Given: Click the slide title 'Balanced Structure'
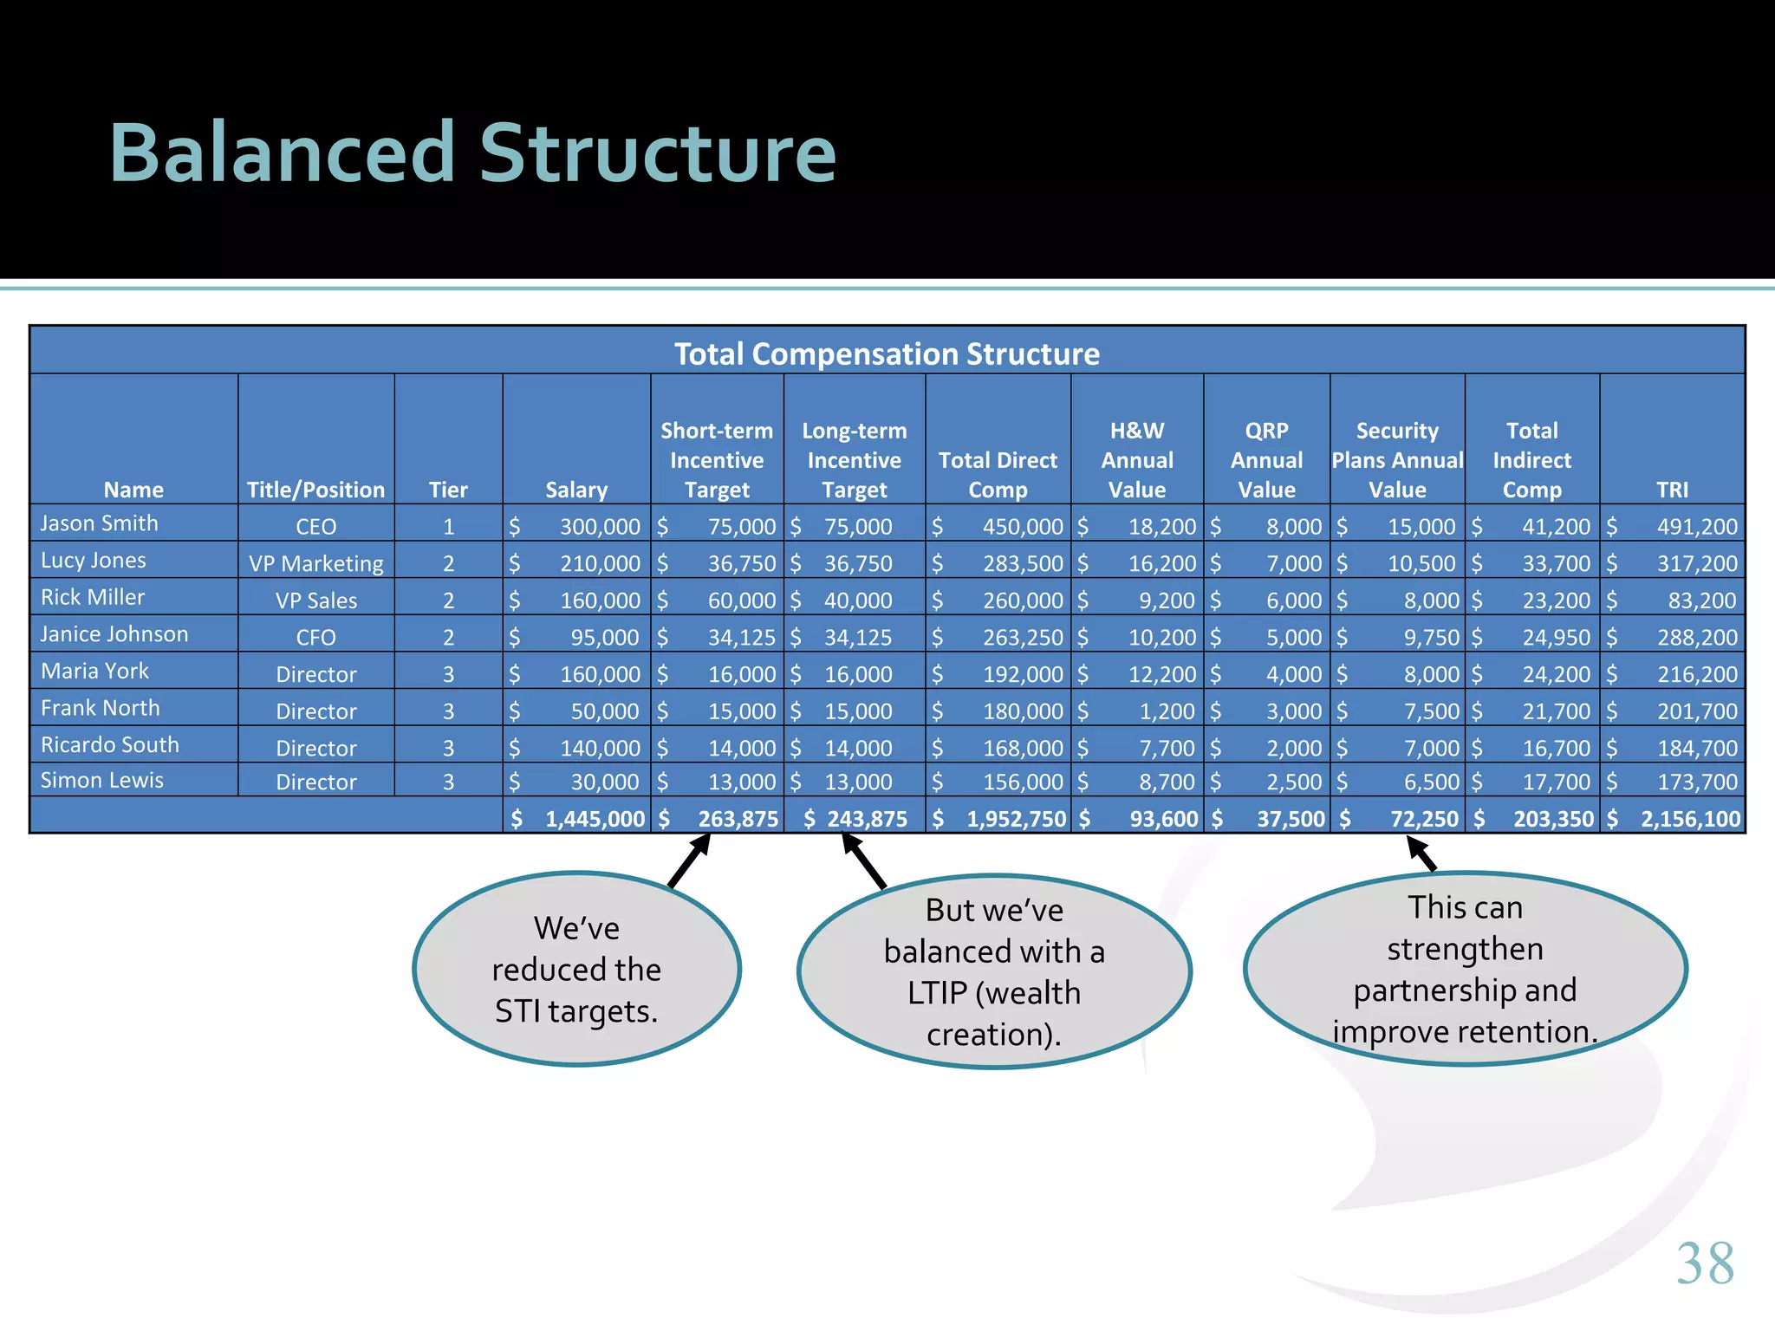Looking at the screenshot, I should point(472,153).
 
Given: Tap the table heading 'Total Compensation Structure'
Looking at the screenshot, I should point(887,354).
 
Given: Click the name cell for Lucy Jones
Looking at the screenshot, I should point(94,561).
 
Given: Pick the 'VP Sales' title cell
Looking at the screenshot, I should point(316,601).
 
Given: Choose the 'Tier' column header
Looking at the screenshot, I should point(448,490).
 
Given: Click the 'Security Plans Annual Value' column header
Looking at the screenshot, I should point(1397,460).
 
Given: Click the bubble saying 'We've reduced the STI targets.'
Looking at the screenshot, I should point(576,970).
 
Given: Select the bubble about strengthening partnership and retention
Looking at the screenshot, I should point(1465,970).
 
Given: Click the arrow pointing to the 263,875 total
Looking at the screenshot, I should point(690,860).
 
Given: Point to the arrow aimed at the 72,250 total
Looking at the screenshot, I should point(1421,854).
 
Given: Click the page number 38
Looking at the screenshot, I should point(1705,1263).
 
